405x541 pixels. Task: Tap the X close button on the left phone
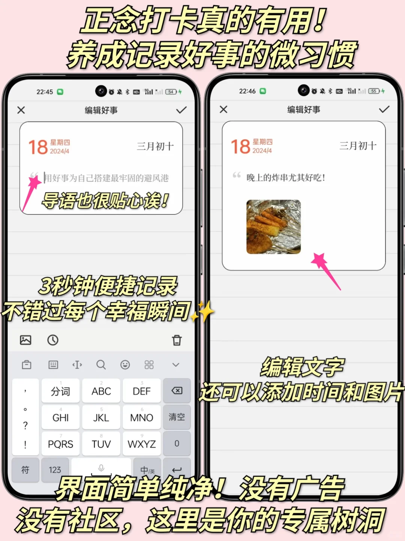[21, 110]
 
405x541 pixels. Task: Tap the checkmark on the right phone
[384, 109]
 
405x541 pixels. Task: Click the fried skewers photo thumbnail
[273, 227]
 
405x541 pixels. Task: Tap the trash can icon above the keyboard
[177, 340]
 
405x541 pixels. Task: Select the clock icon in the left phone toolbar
[53, 340]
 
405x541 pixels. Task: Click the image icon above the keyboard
[25, 340]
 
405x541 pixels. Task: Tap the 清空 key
[177, 417]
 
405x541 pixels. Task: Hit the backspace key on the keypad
[177, 391]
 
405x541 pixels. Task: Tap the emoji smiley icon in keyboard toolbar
[125, 365]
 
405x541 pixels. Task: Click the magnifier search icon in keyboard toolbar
[101, 365]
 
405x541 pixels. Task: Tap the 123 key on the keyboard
[55, 470]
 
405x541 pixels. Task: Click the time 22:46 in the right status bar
[247, 91]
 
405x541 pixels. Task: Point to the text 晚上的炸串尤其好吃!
[286, 178]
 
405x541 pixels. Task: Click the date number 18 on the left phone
[38, 147]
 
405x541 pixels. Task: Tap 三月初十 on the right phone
[358, 146]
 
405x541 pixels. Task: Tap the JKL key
[101, 417]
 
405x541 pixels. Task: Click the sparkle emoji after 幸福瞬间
[202, 312]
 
